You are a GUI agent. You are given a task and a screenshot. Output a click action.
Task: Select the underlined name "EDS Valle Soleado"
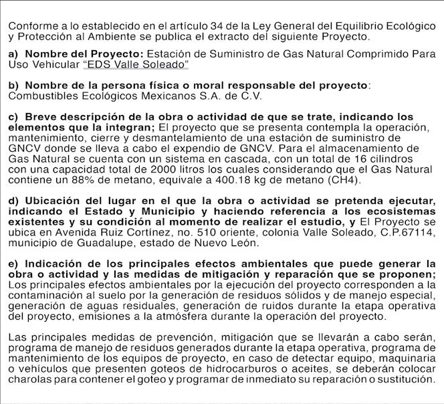click(x=136, y=64)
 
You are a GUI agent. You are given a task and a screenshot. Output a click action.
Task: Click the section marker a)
click(x=14, y=54)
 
